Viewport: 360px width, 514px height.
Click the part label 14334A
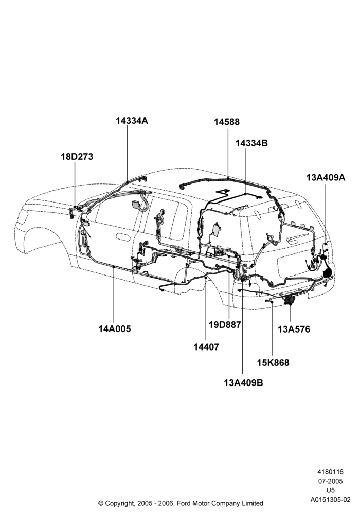coord(132,121)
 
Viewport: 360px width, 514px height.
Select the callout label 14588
coord(227,122)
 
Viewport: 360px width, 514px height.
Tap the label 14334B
coord(251,143)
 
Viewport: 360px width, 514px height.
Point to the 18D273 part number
coord(77,157)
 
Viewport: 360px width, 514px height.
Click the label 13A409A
coord(326,177)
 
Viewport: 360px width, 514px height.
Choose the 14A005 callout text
coord(114,328)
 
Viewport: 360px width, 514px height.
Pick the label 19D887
coord(225,324)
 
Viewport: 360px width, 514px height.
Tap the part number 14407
coord(206,347)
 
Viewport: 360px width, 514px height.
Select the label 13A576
coord(294,329)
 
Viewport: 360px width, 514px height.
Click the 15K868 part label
coord(273,363)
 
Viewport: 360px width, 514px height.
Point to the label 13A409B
coord(244,382)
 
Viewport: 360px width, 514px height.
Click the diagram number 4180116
coord(330,472)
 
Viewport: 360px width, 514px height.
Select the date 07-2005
coord(330,481)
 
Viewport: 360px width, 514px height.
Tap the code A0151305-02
coord(331,500)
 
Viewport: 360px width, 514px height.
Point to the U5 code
coord(331,490)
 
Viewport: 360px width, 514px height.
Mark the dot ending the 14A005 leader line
coord(114,267)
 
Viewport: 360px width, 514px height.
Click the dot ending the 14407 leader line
coord(206,278)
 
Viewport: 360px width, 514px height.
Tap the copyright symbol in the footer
coord(101,503)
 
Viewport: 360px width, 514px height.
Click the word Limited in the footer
coord(253,503)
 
